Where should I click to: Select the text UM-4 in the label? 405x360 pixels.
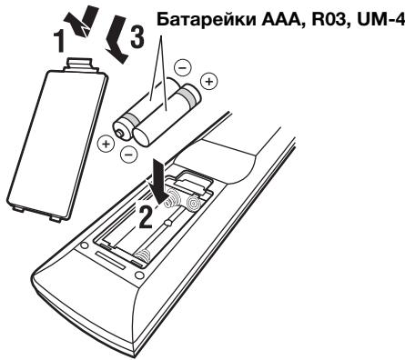(x=375, y=17)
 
